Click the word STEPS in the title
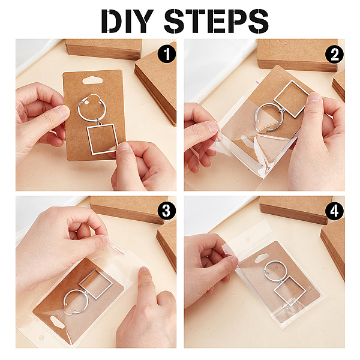click(216, 21)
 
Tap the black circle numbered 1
click(167, 54)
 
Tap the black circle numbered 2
click(335, 55)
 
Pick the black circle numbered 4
click(335, 211)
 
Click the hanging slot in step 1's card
click(92, 80)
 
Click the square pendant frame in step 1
click(103, 139)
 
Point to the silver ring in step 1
click(79, 108)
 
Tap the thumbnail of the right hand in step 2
click(314, 97)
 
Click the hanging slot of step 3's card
click(57, 322)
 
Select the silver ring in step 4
click(266, 268)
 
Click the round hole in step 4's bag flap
click(248, 239)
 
